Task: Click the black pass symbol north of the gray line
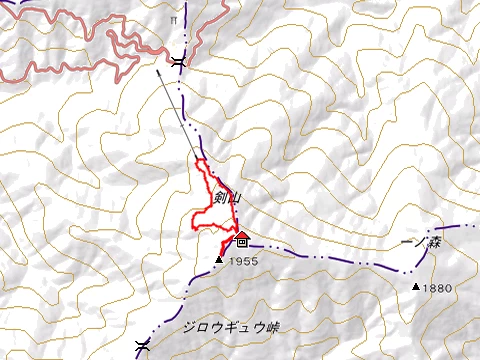[x=178, y=62]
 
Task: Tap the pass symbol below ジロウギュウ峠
[x=143, y=346]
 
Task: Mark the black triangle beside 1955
[x=219, y=260]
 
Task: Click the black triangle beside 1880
[x=416, y=287]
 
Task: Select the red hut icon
[x=242, y=235]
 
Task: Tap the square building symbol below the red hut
[x=242, y=243]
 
